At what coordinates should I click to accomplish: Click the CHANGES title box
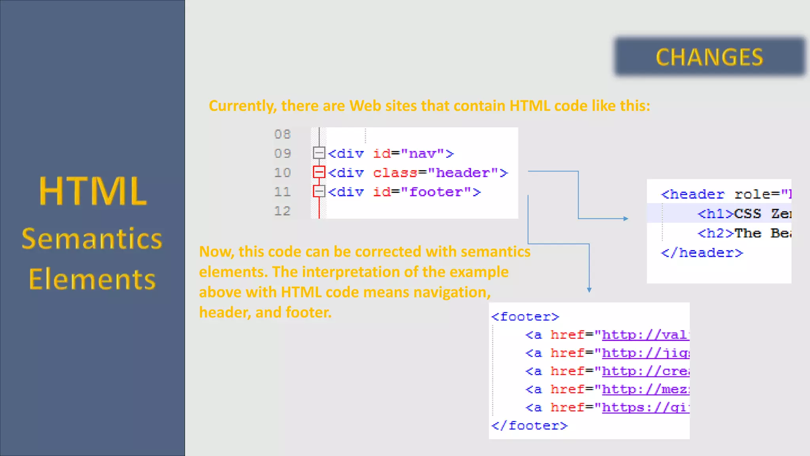pyautogui.click(x=710, y=57)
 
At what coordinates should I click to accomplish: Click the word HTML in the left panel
pyautogui.click(x=93, y=192)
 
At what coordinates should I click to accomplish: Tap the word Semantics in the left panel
pyautogui.click(x=92, y=239)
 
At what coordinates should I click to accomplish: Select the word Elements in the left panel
pyautogui.click(x=93, y=279)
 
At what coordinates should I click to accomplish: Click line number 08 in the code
pyautogui.click(x=282, y=135)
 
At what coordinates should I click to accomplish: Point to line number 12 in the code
pyautogui.click(x=282, y=211)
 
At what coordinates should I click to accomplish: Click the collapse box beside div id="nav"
pyautogui.click(x=319, y=153)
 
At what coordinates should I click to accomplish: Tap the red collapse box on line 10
pyautogui.click(x=319, y=172)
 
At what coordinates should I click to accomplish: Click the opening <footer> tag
pyautogui.click(x=525, y=317)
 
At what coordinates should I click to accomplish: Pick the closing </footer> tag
pyautogui.click(x=530, y=426)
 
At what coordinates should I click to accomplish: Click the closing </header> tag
pyautogui.click(x=702, y=253)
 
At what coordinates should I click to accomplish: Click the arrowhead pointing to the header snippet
pyautogui.click(x=626, y=218)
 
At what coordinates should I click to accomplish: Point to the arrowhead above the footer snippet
pyautogui.click(x=589, y=290)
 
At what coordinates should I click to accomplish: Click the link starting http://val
pyautogui.click(x=645, y=335)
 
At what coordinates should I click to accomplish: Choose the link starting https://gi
pyautogui.click(x=645, y=408)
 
